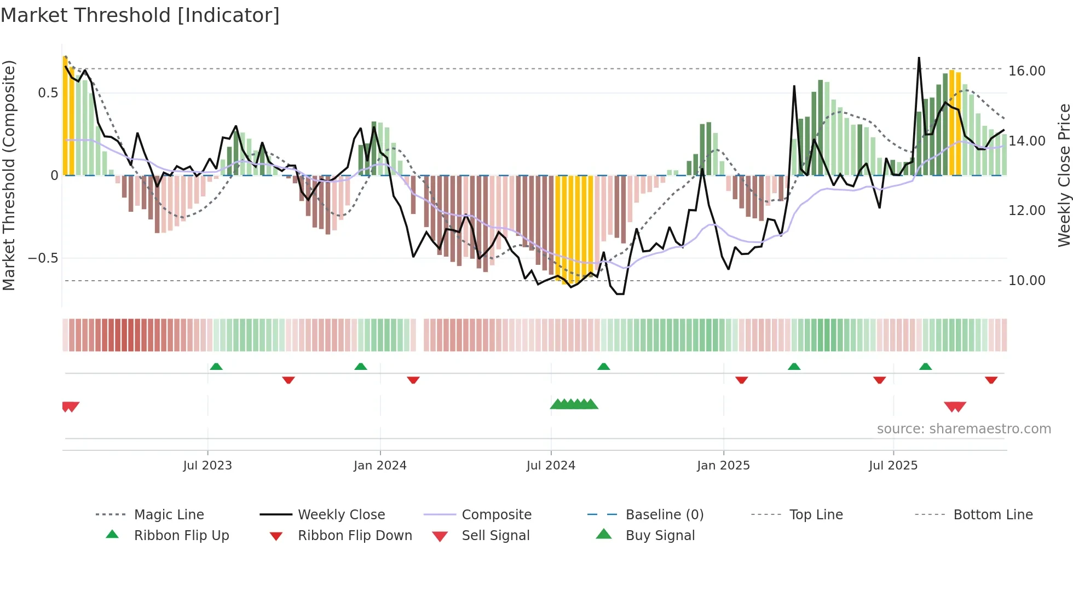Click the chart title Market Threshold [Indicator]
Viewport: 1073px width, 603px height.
(140, 15)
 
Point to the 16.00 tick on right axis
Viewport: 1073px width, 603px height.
(1026, 71)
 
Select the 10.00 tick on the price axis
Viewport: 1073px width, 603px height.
(1026, 281)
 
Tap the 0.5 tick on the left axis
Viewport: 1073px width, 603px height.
(48, 93)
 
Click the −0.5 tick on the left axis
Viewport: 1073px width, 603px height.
(43, 258)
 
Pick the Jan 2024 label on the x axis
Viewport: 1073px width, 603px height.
(380, 466)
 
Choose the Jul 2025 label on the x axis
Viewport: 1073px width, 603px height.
(893, 466)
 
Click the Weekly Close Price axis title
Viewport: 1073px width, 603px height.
(1064, 175)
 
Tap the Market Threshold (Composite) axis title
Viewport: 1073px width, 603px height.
(9, 175)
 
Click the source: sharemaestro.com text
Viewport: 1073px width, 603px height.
(964, 429)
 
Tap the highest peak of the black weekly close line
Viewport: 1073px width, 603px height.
(919, 58)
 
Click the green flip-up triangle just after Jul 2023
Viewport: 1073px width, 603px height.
(216, 367)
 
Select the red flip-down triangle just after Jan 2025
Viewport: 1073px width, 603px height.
(742, 380)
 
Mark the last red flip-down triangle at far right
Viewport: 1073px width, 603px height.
(991, 380)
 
